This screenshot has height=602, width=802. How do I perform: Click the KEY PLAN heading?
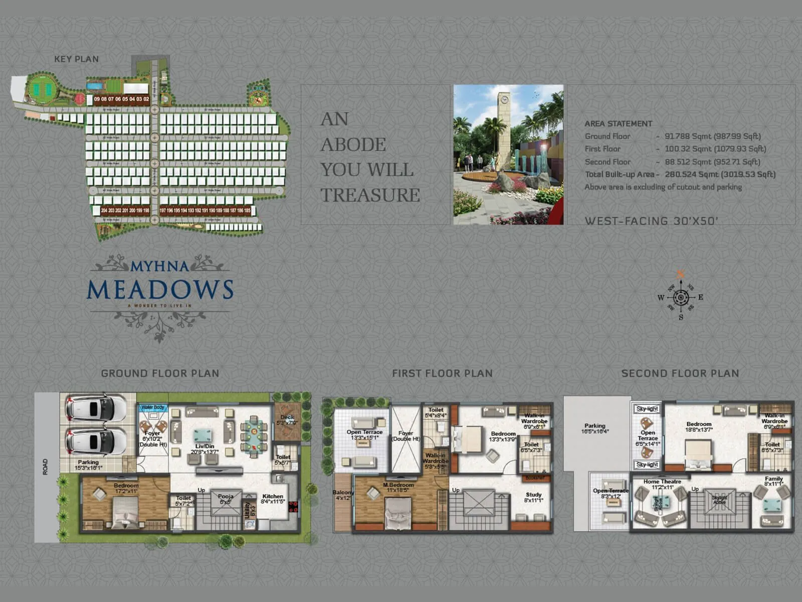76,59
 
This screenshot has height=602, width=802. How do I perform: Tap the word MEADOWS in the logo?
160,289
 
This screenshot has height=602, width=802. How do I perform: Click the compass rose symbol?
681,297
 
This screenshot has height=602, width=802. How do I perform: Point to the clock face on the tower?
504,99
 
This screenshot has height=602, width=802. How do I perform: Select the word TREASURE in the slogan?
370,195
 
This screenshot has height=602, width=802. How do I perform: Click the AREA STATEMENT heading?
618,123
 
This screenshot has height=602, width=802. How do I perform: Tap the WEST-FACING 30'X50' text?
651,221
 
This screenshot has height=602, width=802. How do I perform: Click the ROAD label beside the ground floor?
46,467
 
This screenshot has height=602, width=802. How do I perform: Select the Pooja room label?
226,497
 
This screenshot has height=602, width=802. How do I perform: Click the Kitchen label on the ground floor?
272,497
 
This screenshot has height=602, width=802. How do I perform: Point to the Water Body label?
153,407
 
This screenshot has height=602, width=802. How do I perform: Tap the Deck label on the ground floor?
287,417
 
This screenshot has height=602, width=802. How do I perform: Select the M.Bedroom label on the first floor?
398,485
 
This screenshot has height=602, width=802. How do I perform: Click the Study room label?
533,495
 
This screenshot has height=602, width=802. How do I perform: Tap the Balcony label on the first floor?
343,493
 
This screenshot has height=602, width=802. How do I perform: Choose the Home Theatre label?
662,482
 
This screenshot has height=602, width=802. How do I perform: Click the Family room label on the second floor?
773,479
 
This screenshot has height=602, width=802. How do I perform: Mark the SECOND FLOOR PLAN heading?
680,373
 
